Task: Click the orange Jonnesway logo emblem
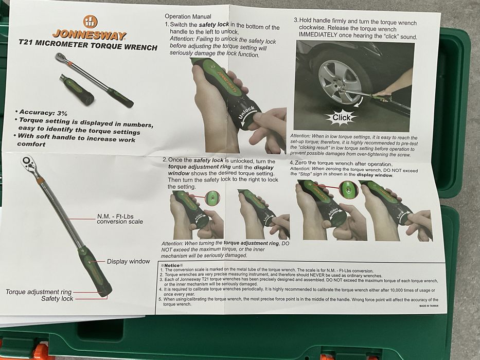[91, 22]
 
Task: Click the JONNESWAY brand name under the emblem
[89, 35]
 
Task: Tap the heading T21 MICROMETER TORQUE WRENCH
[88, 45]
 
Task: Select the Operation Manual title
[188, 16]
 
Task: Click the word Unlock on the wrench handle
[246, 113]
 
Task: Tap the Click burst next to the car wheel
[341, 117]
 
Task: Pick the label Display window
[128, 261]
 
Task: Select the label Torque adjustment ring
[39, 292]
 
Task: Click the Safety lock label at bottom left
[57, 299]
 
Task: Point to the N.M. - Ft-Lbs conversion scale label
[120, 219]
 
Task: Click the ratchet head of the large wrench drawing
[29, 163]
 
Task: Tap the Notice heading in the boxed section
[172, 265]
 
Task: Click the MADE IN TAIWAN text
[429, 306]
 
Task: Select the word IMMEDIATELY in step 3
[318, 35]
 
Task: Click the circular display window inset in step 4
[349, 189]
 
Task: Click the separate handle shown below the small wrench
[77, 89]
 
